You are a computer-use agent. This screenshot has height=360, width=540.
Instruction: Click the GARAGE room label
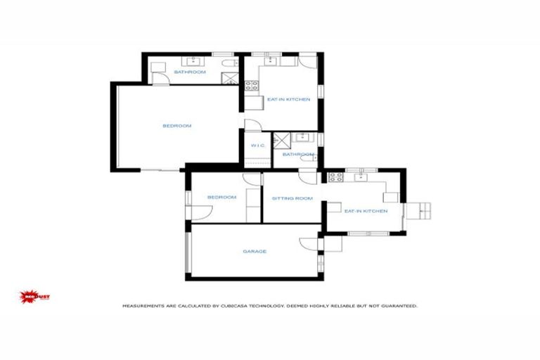click(x=254, y=251)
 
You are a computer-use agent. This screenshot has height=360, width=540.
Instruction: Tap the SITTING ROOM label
click(x=292, y=198)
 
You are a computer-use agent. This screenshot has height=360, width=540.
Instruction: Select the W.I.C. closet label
click(x=257, y=146)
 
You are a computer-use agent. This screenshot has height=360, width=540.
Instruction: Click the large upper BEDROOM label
click(x=176, y=126)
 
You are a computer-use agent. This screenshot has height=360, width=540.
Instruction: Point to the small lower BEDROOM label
click(x=221, y=198)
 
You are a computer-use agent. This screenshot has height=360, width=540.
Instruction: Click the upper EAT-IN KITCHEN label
click(x=288, y=100)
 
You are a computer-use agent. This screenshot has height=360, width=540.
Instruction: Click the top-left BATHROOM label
click(x=190, y=72)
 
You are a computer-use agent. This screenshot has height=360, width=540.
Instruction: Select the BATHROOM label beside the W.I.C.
click(x=298, y=154)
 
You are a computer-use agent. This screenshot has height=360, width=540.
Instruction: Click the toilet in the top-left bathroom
click(x=229, y=65)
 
